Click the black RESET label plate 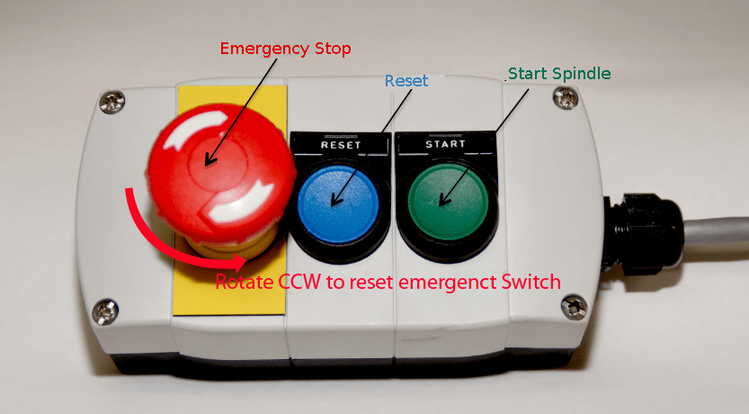pyautogui.click(x=340, y=144)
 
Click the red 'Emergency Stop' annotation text pyautogui.click(x=285, y=48)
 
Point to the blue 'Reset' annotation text pyautogui.click(x=406, y=80)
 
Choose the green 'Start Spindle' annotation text pyautogui.click(x=560, y=72)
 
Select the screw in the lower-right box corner pyautogui.click(x=572, y=309)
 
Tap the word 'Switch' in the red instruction pyautogui.click(x=530, y=282)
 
